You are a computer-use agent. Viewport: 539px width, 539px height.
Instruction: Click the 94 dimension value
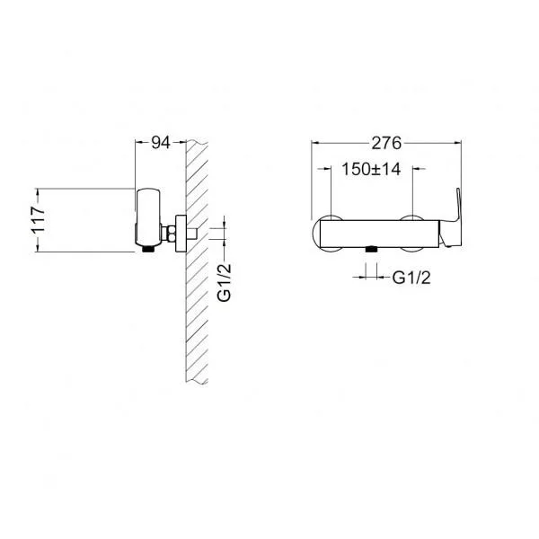click(x=161, y=143)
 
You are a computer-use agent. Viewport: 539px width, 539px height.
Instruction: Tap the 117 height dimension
click(x=38, y=220)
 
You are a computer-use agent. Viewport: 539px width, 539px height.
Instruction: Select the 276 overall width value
click(x=386, y=143)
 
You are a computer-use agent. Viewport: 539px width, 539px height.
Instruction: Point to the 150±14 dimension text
click(x=371, y=169)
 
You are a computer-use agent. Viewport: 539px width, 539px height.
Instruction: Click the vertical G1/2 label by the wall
click(x=225, y=283)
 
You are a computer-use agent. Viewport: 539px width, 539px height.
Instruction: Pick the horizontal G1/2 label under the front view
click(x=411, y=278)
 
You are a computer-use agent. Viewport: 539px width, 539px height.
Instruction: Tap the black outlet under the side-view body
click(x=148, y=249)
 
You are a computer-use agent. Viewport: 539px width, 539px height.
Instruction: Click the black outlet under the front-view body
click(x=371, y=249)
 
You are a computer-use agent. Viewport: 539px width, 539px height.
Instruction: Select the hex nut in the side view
click(x=171, y=234)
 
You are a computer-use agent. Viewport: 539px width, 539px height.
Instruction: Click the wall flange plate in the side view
click(x=181, y=234)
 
